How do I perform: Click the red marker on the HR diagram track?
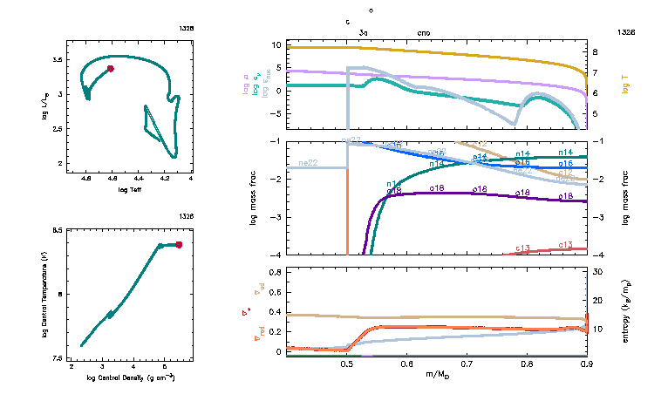click(x=111, y=68)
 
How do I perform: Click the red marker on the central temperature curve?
click(x=179, y=245)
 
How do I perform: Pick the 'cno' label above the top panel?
click(x=424, y=32)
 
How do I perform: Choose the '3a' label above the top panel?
click(x=364, y=32)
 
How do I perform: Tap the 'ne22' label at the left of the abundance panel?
click(x=306, y=163)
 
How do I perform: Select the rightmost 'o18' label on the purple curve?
click(x=566, y=197)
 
